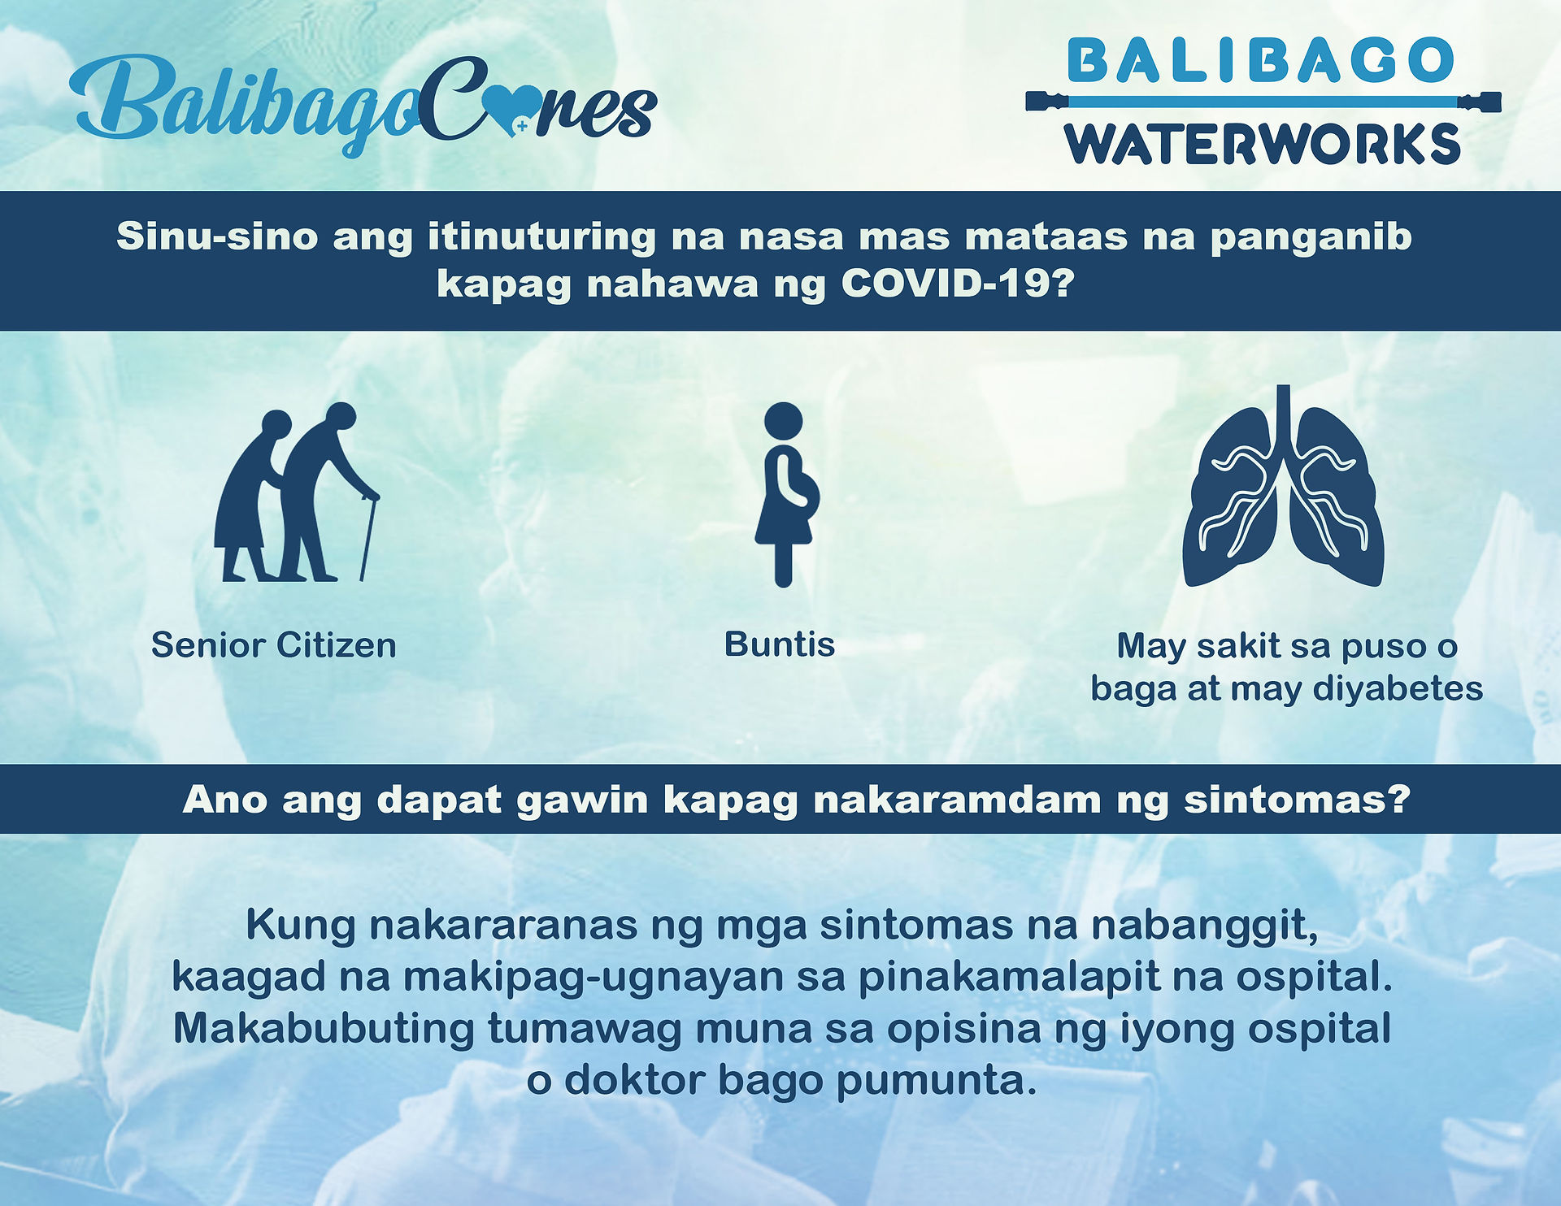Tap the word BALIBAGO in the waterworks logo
click(1261, 60)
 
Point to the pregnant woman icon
click(784, 494)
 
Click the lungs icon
click(1283, 486)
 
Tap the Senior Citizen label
click(274, 645)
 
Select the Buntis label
click(780, 644)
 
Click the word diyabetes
click(1398, 688)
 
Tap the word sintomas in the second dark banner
click(1297, 800)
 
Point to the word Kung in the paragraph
click(300, 926)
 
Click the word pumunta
click(937, 1082)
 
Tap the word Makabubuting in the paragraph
click(324, 1030)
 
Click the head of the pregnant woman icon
click(783, 421)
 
